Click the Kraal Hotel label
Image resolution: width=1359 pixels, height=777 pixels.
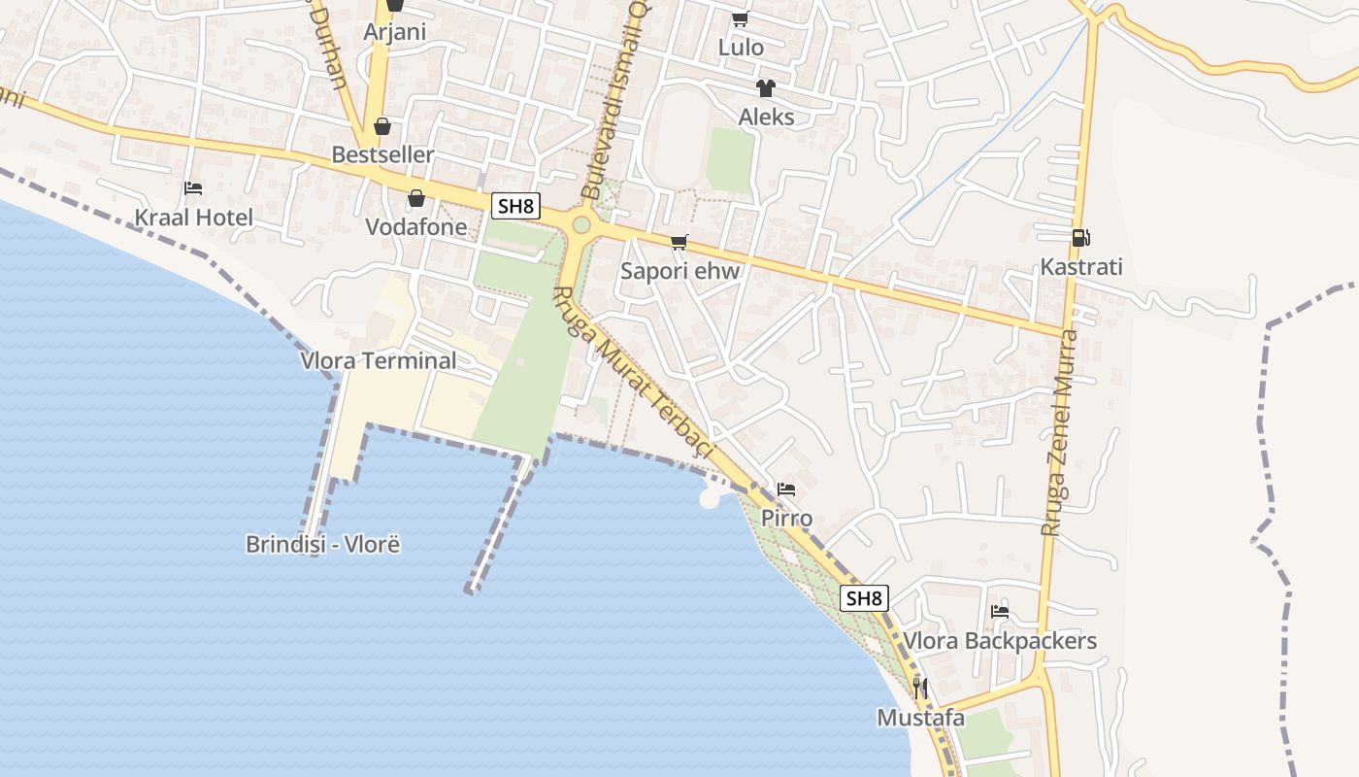click(193, 218)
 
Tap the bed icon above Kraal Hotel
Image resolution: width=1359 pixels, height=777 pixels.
click(193, 187)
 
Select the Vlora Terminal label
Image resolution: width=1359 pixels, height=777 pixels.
click(378, 361)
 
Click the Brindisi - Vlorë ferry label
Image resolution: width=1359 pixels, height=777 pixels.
click(322, 544)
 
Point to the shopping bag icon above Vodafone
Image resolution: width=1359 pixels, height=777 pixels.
click(416, 198)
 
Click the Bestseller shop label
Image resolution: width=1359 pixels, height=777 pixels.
click(382, 154)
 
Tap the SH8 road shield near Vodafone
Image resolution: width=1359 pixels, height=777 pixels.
click(514, 206)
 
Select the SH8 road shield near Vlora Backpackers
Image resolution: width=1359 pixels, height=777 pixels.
click(864, 598)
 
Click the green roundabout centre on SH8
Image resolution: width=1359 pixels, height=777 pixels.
click(581, 225)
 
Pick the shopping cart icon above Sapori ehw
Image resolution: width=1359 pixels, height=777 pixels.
click(679, 242)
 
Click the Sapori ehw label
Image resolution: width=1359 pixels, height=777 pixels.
click(679, 271)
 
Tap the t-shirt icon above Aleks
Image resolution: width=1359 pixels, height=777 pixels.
click(766, 88)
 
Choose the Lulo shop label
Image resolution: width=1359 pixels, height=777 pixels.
click(741, 48)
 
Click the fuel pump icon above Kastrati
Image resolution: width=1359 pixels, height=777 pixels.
click(1079, 237)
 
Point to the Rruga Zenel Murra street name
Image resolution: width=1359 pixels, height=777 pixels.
click(1059, 433)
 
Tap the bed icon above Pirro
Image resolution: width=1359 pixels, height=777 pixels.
click(786, 489)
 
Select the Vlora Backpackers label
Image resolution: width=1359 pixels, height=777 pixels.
click(1000, 641)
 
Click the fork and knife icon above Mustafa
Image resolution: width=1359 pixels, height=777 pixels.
click(920, 690)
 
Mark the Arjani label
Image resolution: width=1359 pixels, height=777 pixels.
click(394, 32)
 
